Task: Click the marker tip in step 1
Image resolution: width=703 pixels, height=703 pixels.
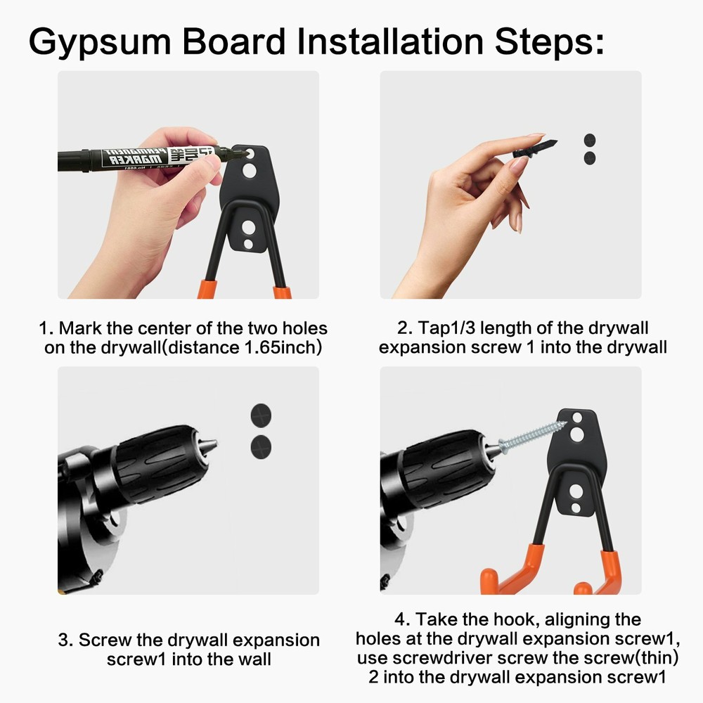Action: (242, 155)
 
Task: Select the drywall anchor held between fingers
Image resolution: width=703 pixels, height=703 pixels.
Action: (535, 149)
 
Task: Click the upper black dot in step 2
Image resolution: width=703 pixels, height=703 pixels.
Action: (590, 140)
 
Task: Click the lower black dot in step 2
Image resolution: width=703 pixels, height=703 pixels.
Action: (590, 157)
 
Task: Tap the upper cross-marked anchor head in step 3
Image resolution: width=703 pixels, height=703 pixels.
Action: (261, 415)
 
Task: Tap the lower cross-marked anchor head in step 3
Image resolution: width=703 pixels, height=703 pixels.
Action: (261, 447)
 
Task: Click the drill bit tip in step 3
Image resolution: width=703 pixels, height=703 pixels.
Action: (215, 444)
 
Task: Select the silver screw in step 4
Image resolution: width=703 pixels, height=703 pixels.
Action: (531, 437)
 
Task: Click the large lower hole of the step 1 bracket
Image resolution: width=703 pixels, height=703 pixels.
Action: (249, 227)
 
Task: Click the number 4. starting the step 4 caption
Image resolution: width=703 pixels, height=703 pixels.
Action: (402, 619)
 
